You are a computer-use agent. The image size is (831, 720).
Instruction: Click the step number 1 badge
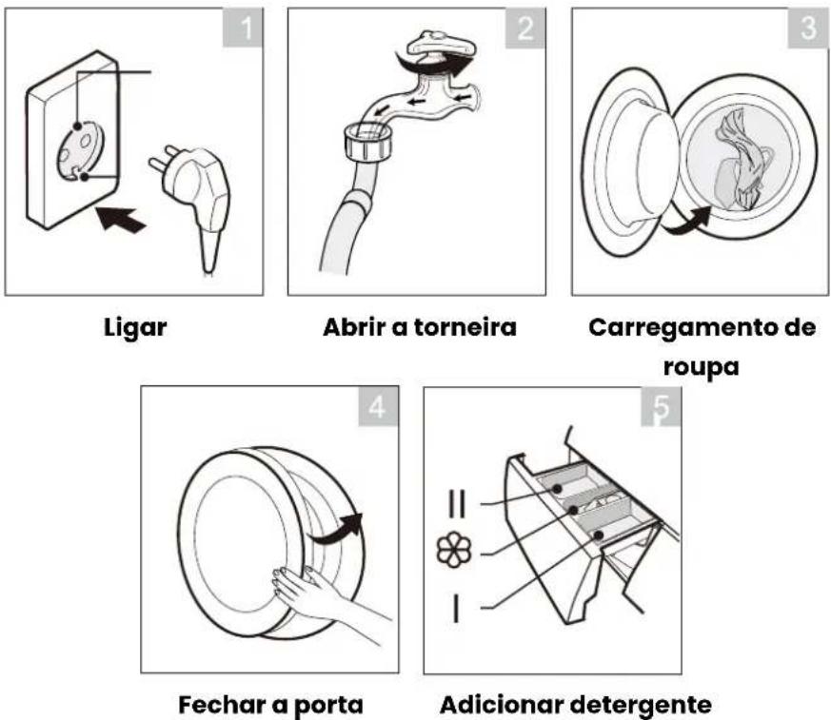pyautogui.click(x=242, y=28)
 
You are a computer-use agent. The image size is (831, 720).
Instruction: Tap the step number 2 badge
pyautogui.click(x=525, y=28)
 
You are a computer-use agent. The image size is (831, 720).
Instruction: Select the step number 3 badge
pyautogui.click(x=808, y=28)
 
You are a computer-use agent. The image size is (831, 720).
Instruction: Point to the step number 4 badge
pyautogui.click(x=379, y=405)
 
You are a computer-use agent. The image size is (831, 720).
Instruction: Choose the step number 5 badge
pyautogui.click(x=661, y=406)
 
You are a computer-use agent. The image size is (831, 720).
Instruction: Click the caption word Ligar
pyautogui.click(x=135, y=328)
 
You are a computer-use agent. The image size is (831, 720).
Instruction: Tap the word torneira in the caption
pyautogui.click(x=465, y=327)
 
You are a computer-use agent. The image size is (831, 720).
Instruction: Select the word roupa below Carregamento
pyautogui.click(x=701, y=367)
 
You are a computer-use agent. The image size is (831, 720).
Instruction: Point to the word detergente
pyautogui.click(x=641, y=705)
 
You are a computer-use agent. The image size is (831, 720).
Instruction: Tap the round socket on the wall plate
pyautogui.click(x=80, y=151)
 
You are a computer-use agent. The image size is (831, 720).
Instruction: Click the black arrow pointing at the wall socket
pyautogui.click(x=120, y=219)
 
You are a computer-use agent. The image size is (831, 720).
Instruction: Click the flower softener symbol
pyautogui.click(x=453, y=550)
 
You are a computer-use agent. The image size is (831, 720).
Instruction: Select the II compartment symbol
pyautogui.click(x=457, y=503)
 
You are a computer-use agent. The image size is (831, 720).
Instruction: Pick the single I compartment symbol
pyautogui.click(x=456, y=607)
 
